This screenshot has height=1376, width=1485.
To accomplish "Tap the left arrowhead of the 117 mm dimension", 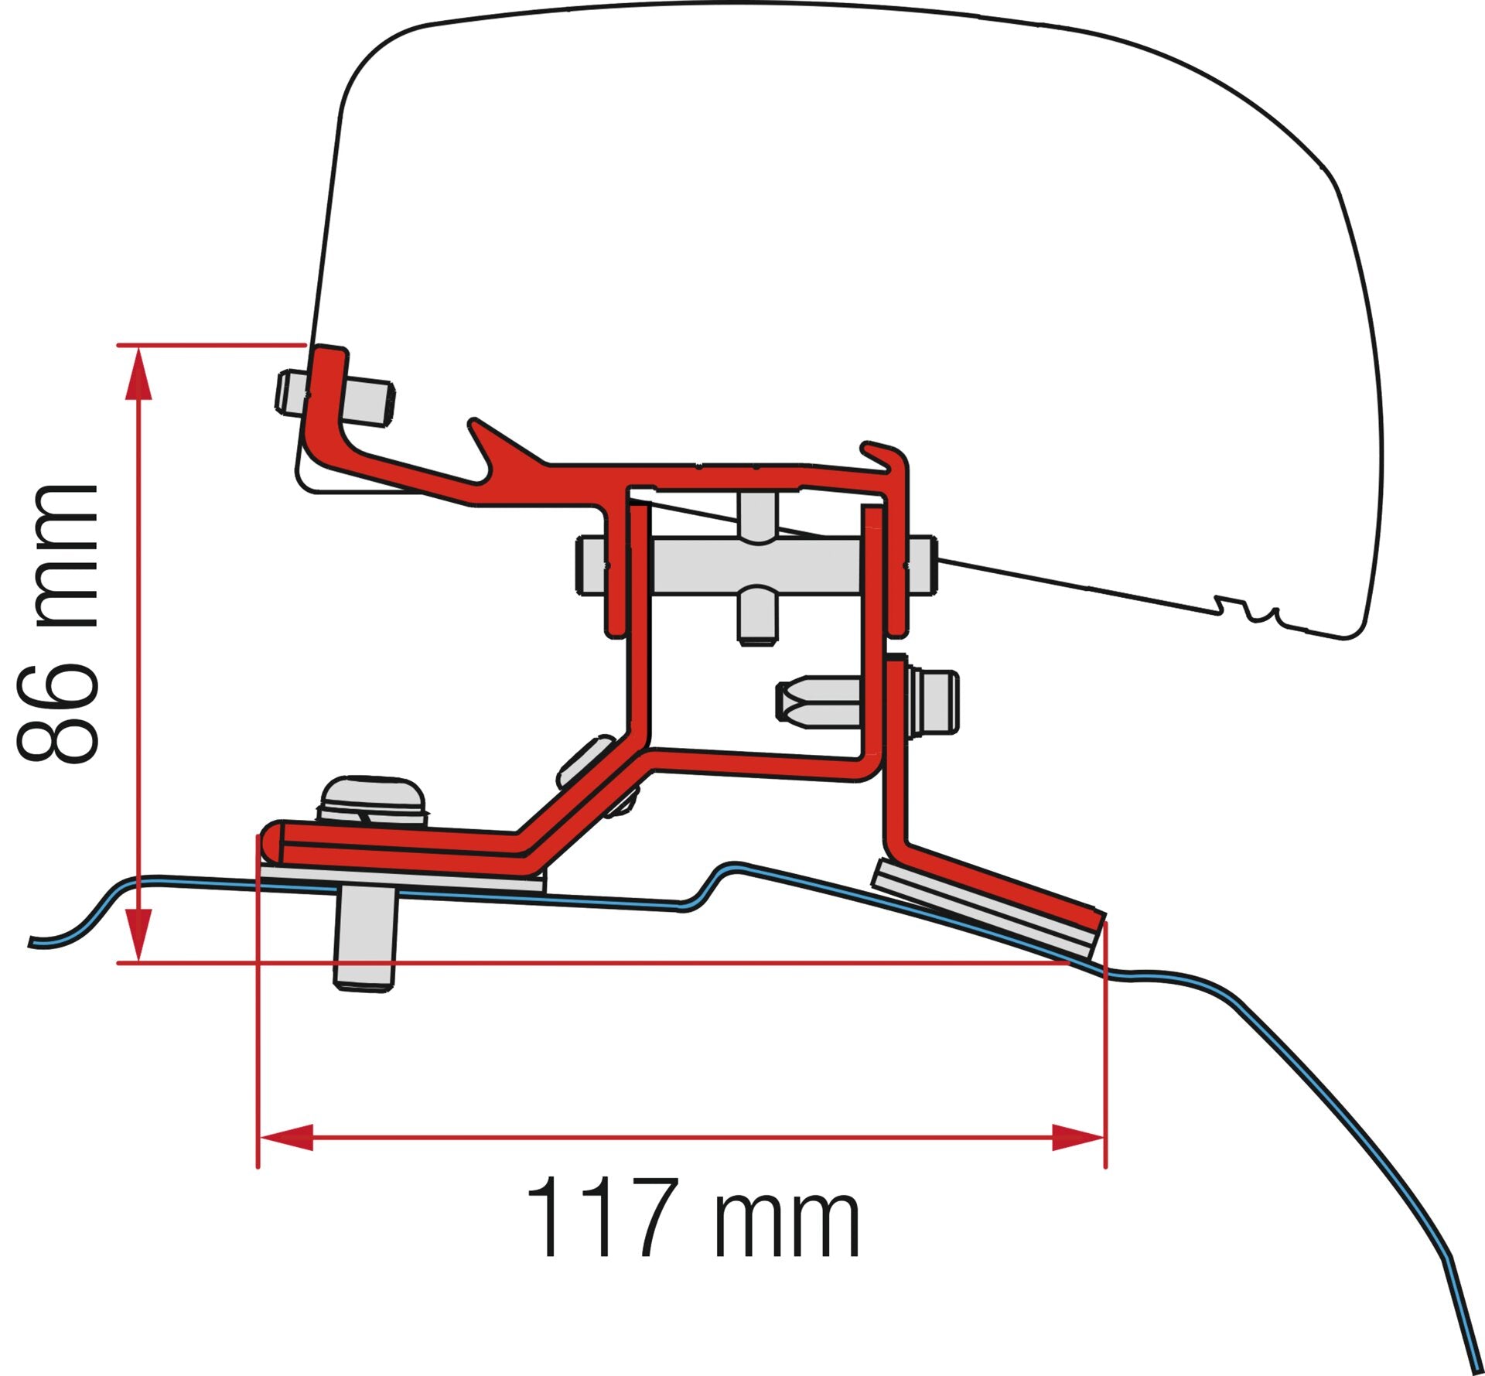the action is tap(286, 1137).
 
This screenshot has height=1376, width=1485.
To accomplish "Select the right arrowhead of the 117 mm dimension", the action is tap(1077, 1137).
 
